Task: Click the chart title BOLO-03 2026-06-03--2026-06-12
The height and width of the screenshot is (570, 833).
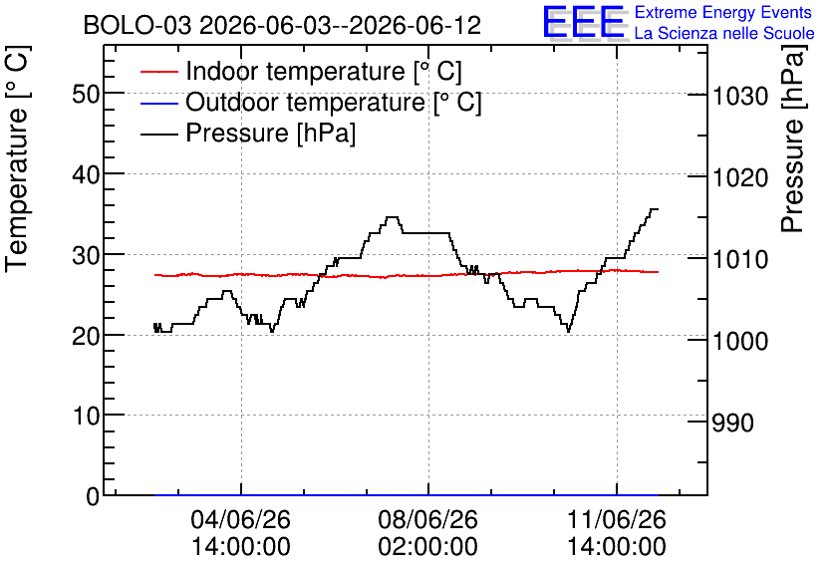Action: pos(282,25)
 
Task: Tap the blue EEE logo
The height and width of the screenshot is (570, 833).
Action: pos(583,22)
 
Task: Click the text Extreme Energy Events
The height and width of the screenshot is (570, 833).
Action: pos(723,12)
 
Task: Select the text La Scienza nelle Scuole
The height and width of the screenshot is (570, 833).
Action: pos(724,34)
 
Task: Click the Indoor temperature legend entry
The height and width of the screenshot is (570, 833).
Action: pos(301,71)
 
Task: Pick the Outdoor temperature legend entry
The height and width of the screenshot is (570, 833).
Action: pos(311,102)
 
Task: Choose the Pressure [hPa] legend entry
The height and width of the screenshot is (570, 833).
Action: pos(248,133)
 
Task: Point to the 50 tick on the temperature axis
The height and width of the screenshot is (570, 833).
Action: pos(86,94)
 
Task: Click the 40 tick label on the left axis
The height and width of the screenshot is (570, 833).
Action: pos(86,174)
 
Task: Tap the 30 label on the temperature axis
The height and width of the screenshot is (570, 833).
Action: pos(86,255)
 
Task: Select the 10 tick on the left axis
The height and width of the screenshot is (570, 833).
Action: pos(86,416)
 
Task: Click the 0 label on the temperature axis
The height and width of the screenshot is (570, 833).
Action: pos(93,496)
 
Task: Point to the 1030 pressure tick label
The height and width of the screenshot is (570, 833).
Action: pos(740,96)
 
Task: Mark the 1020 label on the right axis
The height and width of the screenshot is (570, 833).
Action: pos(740,177)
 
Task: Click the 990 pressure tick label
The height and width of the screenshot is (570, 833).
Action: pos(732,423)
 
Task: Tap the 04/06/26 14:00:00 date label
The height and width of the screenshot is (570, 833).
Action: pos(241,533)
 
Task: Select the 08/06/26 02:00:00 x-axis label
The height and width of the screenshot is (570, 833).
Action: pos(428,533)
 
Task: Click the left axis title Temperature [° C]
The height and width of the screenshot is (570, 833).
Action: pos(18,158)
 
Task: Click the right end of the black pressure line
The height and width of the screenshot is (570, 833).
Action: pos(659,209)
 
